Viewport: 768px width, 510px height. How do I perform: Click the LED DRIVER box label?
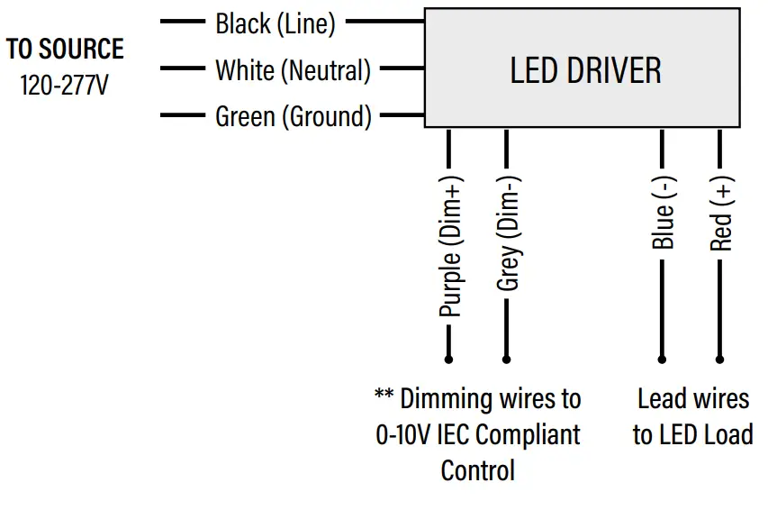[585, 70]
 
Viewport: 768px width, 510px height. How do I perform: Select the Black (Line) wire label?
[275, 24]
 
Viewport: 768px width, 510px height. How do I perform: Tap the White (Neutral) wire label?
[293, 70]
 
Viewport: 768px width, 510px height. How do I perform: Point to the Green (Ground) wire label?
[293, 116]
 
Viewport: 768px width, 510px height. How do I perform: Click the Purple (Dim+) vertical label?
[450, 245]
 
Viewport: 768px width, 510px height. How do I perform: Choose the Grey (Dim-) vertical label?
[508, 232]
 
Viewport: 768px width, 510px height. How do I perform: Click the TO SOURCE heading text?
[65, 50]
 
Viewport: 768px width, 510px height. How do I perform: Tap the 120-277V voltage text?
[64, 87]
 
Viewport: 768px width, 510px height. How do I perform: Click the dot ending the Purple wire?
[448, 359]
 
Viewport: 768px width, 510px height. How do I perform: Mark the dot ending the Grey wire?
[506, 359]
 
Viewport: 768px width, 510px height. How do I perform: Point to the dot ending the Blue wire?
[662, 359]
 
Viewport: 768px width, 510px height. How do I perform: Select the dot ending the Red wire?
[719, 359]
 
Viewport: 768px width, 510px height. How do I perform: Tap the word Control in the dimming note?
[477, 470]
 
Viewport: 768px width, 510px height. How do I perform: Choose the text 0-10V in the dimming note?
[403, 434]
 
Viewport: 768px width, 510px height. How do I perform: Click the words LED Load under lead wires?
[716, 434]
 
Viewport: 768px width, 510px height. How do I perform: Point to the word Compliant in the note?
[527, 434]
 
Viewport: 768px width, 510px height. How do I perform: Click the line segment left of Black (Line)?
[183, 21]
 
